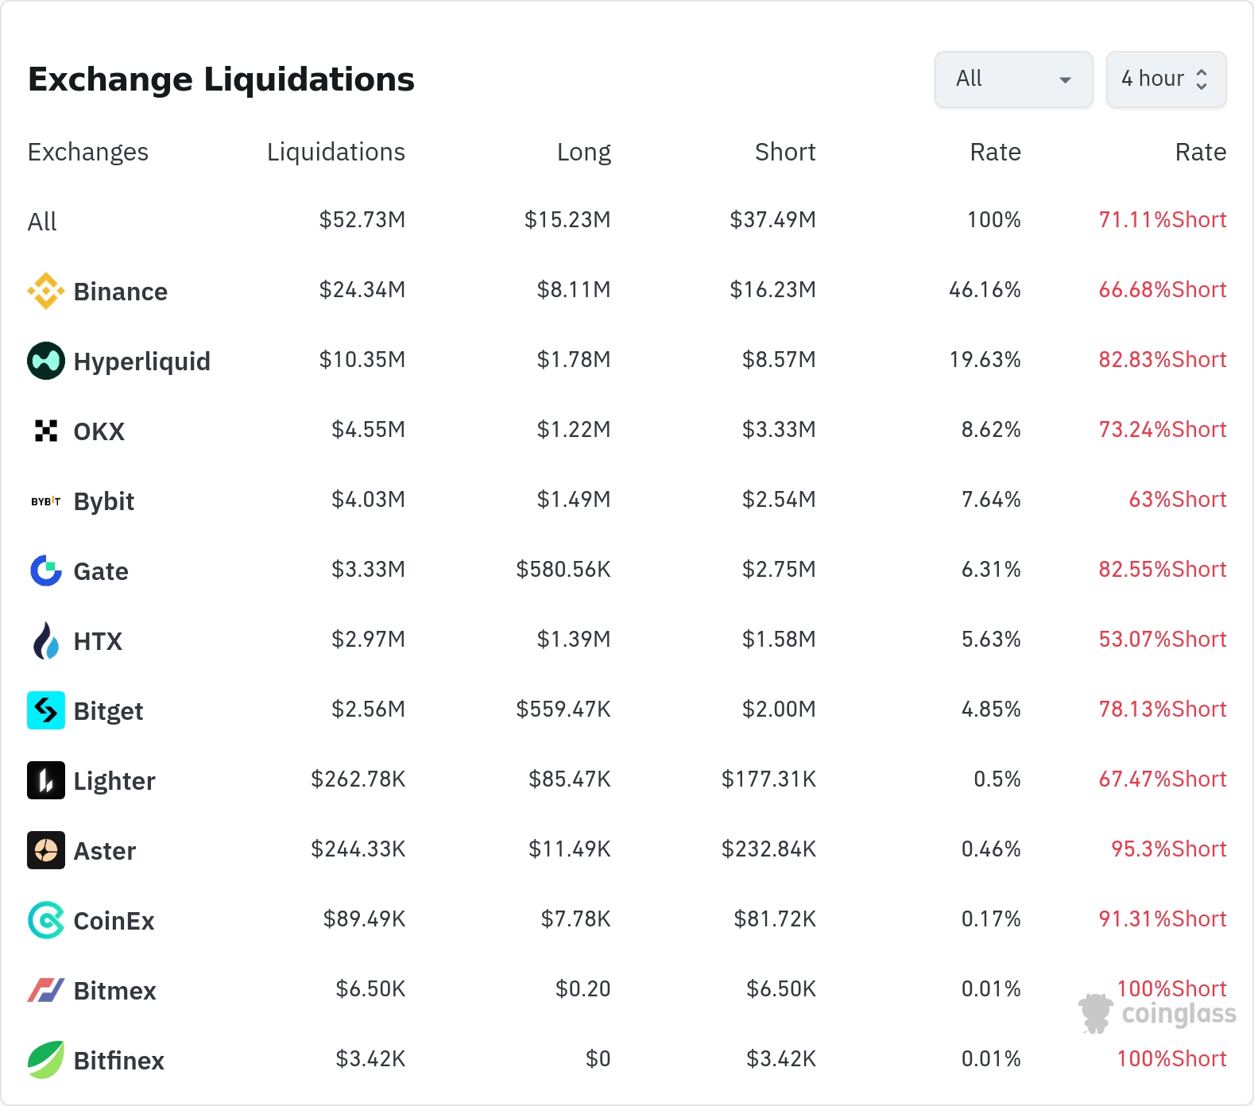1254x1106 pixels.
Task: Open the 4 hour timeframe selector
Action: click(x=1166, y=79)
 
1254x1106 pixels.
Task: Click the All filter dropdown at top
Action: click(x=1013, y=79)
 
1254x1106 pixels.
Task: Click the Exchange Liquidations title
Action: click(x=221, y=79)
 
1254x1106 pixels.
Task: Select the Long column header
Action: click(x=584, y=152)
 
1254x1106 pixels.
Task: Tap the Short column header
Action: click(x=785, y=152)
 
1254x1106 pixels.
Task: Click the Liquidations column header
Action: click(x=336, y=152)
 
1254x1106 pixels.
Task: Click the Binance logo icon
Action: click(x=46, y=291)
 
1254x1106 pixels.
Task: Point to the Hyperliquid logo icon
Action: click(x=46, y=361)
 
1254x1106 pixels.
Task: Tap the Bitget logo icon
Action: click(x=46, y=710)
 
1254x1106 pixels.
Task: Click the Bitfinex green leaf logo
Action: click(x=46, y=1060)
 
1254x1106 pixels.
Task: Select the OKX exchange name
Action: click(x=99, y=431)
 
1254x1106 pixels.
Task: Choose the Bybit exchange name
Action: click(x=104, y=502)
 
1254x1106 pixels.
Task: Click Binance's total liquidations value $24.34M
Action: click(x=362, y=289)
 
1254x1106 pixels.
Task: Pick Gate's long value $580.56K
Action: click(x=563, y=569)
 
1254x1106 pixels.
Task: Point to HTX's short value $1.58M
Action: click(x=779, y=639)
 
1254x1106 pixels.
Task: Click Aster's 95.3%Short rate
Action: click(x=1169, y=849)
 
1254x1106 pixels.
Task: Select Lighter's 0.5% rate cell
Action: click(x=997, y=779)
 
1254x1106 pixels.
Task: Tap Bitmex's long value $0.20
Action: click(x=583, y=988)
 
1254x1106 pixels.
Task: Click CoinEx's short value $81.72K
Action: click(x=775, y=918)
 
